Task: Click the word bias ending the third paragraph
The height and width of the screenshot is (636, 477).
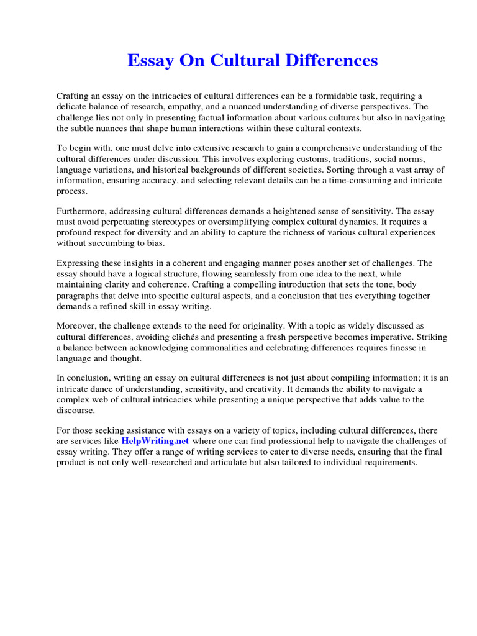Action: [x=153, y=243]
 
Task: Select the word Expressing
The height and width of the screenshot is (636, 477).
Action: [x=79, y=263]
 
